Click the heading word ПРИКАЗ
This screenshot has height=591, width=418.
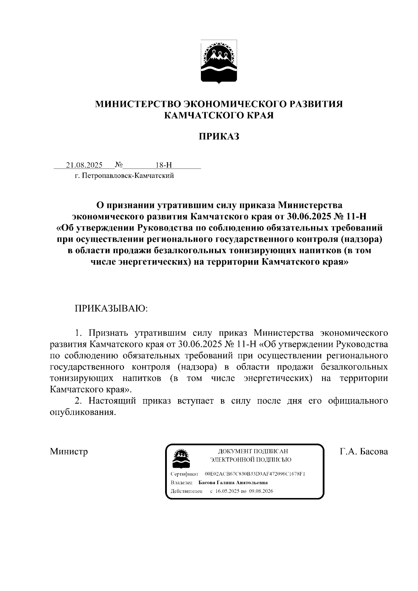tap(219, 136)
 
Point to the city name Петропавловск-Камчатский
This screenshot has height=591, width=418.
tap(127, 176)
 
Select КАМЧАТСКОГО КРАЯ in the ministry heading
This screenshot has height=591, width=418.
tap(219, 115)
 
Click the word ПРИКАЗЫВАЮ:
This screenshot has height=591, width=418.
tap(111, 309)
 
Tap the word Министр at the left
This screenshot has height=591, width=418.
tap(69, 452)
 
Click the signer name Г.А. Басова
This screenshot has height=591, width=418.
tap(364, 452)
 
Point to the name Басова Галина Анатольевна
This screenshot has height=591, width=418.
tap(233, 483)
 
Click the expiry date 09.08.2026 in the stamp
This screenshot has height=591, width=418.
tap(261, 491)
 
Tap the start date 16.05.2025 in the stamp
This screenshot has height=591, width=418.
tap(228, 491)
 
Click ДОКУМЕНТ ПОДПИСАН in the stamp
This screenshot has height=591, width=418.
tap(253, 451)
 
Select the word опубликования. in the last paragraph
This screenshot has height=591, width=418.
tap(83, 412)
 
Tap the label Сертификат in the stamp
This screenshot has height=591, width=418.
tap(184, 474)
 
